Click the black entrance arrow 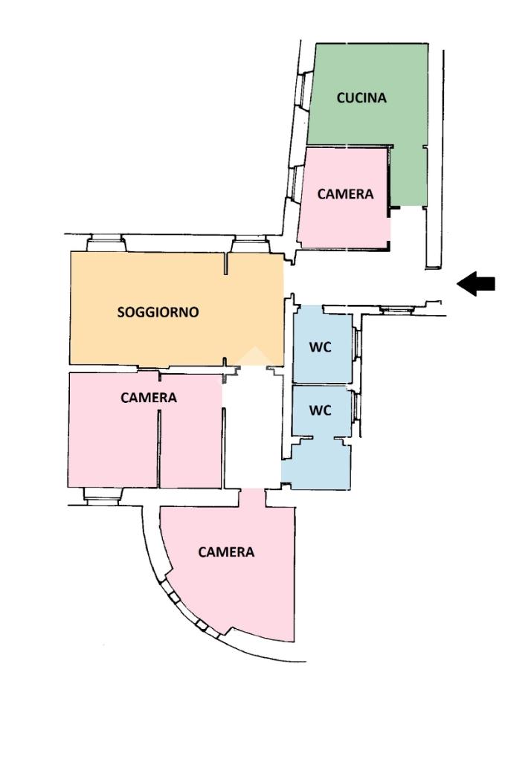pyautogui.click(x=476, y=284)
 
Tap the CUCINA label pyautogui.click(x=361, y=97)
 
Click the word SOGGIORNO pyautogui.click(x=158, y=312)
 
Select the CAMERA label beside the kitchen pyautogui.click(x=345, y=194)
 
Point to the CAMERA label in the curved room pyautogui.click(x=226, y=552)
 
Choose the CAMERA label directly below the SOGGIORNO pyautogui.click(x=148, y=398)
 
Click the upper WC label pyautogui.click(x=320, y=347)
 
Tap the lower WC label pyautogui.click(x=320, y=410)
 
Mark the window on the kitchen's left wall pyautogui.click(x=303, y=90)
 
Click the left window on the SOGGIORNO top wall pyautogui.click(x=106, y=242)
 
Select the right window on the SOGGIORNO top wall pyautogui.click(x=249, y=243)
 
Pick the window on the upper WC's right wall pyautogui.click(x=356, y=344)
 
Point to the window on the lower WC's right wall pyautogui.click(x=356, y=407)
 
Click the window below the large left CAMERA pyautogui.click(x=102, y=494)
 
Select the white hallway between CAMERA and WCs pyautogui.click(x=252, y=427)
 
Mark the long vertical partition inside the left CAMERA pyautogui.click(x=159, y=448)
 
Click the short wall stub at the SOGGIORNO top pyautogui.click(x=226, y=263)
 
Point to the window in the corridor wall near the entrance pyautogui.click(x=396, y=309)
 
